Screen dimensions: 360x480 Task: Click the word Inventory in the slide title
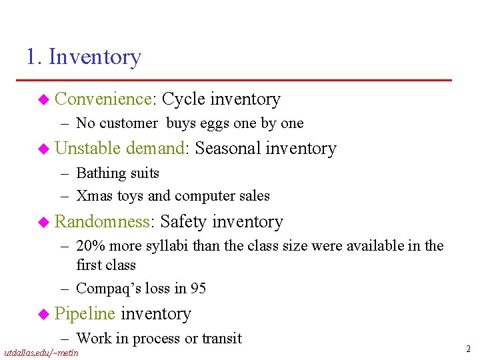pos(95,57)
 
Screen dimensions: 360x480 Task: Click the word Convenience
pos(105,99)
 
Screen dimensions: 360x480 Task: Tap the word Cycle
pos(183,99)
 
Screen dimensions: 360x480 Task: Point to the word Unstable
pos(88,149)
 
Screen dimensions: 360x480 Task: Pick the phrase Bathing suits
pos(117,173)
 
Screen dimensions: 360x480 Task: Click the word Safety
pos(183,222)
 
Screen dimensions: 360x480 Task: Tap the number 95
pos(198,289)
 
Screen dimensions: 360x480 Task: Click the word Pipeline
pos(85,314)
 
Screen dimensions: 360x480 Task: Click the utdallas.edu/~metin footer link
pos(41,353)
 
